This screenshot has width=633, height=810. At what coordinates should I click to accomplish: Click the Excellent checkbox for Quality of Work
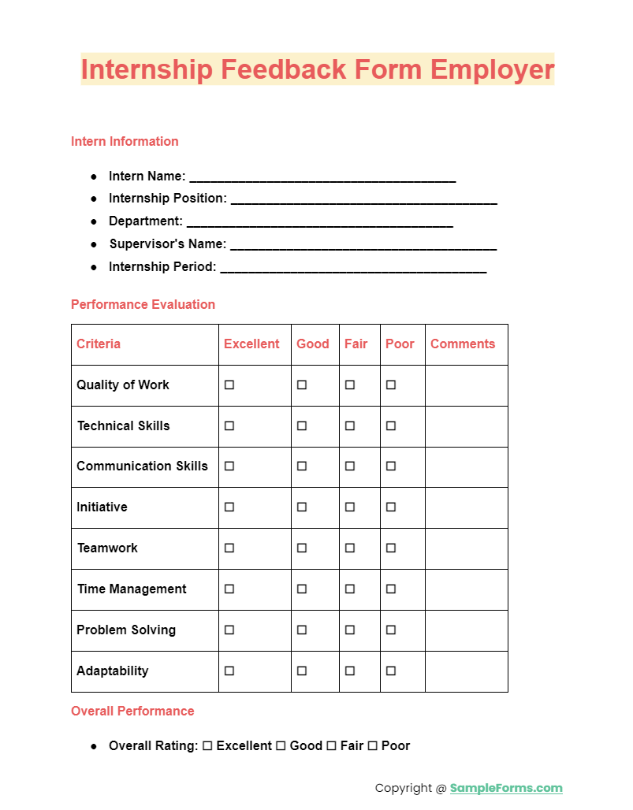click(229, 385)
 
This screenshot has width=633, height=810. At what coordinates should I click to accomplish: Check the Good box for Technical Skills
click(302, 425)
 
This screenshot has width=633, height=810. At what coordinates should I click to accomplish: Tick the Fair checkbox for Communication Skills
click(350, 466)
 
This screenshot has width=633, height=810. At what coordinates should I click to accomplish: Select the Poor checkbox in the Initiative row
click(391, 507)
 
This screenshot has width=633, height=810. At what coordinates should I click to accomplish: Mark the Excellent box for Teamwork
click(229, 548)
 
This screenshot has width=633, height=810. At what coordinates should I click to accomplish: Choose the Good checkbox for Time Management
click(302, 589)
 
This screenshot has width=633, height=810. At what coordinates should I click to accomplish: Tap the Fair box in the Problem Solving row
click(350, 630)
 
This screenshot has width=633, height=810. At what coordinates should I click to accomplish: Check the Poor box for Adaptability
click(391, 671)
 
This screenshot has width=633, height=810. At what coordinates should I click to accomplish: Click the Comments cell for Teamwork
click(467, 548)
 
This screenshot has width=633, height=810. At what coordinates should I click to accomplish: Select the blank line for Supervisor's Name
click(363, 246)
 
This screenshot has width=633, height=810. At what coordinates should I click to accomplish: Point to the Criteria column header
click(99, 344)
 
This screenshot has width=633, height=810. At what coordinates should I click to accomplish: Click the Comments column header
click(463, 344)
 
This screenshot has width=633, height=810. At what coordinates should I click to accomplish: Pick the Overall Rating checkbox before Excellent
click(207, 745)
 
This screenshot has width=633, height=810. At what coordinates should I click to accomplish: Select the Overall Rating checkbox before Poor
click(373, 745)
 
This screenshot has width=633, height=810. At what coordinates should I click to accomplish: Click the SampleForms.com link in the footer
click(506, 788)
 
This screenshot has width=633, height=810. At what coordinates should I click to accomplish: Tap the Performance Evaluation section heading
click(143, 304)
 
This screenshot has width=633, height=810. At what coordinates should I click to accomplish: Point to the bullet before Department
click(94, 221)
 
